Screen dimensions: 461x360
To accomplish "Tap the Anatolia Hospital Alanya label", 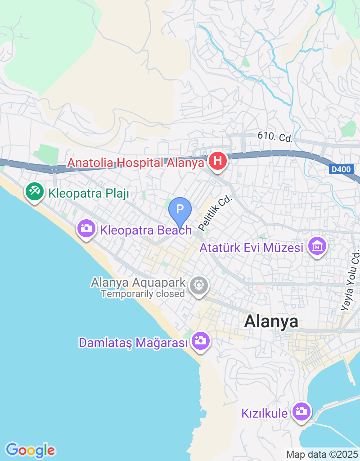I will (x=135, y=163).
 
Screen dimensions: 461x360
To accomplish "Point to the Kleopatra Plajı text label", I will (x=89, y=194).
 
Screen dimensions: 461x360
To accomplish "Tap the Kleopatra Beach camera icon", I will (x=86, y=228).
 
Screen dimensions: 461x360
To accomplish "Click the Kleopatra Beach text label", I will (x=146, y=230).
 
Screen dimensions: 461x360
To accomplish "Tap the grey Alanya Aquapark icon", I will (x=198, y=285).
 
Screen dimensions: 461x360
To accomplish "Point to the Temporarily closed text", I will (x=143, y=294).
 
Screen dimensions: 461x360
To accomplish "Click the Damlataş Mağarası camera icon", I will (x=199, y=341).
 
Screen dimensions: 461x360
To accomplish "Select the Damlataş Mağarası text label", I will (x=133, y=343).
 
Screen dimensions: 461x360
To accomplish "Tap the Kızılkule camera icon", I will (x=301, y=411).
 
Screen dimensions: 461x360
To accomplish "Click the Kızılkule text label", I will (x=264, y=413).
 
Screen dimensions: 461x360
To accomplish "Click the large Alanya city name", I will (x=271, y=321).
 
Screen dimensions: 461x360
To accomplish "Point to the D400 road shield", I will (x=341, y=170).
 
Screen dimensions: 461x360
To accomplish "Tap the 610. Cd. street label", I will (x=275, y=136).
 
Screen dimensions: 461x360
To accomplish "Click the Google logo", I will (x=30, y=450).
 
